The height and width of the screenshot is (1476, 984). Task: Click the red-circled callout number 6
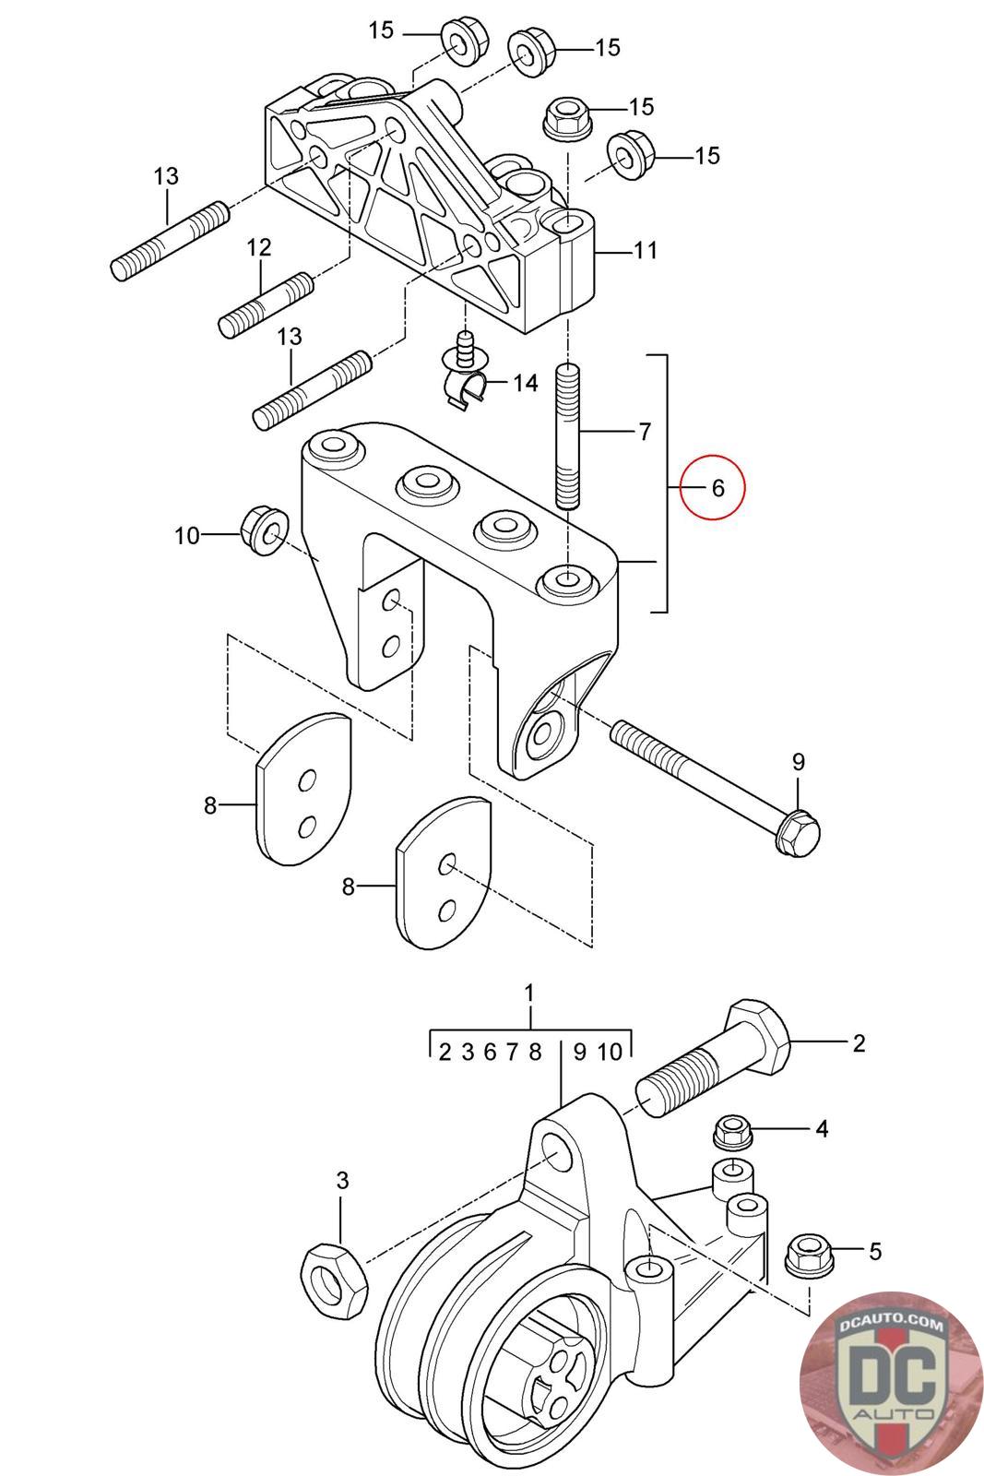[x=718, y=487]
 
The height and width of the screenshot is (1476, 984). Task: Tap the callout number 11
[x=646, y=250]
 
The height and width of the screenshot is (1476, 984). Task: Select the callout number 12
[x=259, y=247]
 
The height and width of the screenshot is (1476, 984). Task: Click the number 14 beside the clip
[x=525, y=383]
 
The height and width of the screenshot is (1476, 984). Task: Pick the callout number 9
[x=799, y=762]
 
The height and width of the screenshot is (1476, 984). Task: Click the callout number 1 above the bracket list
[x=529, y=993]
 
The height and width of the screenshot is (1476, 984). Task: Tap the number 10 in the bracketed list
[x=610, y=1051]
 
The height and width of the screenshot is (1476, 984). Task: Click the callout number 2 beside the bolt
[x=860, y=1043]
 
